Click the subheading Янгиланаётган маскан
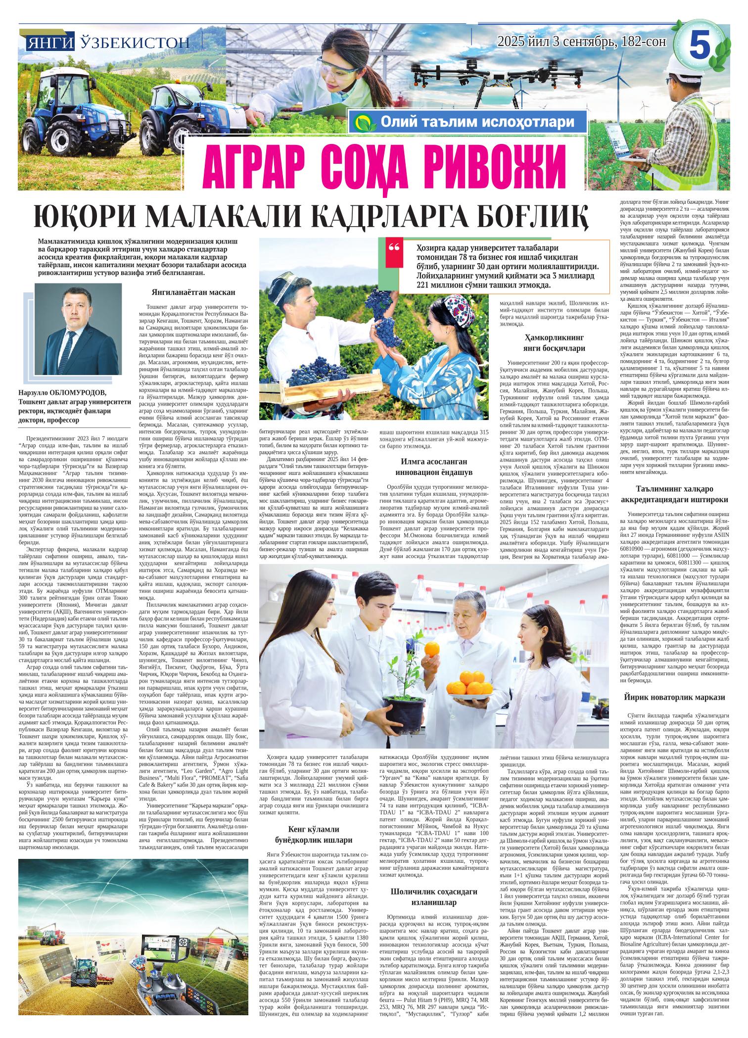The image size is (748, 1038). tap(193, 292)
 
